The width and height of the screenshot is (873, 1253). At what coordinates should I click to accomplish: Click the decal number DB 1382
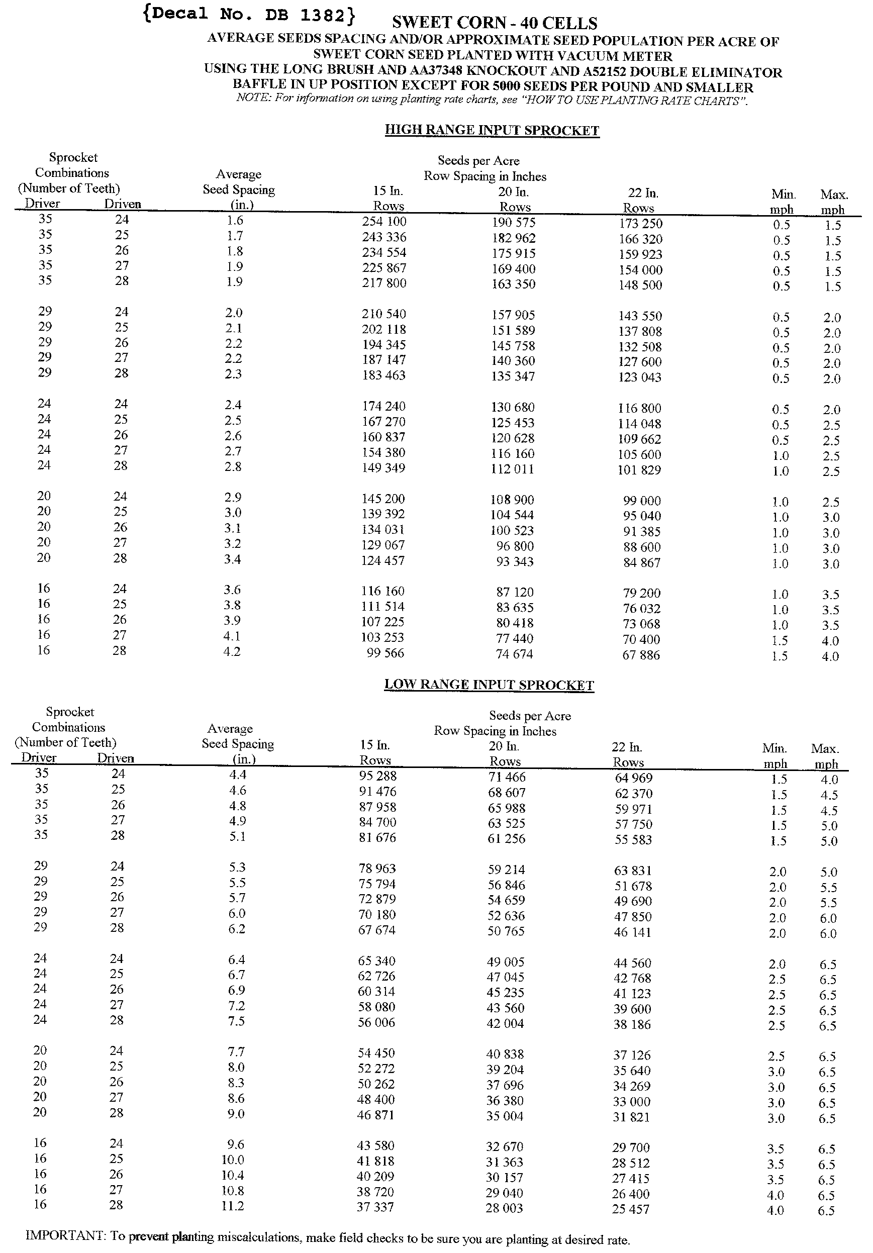click(249, 15)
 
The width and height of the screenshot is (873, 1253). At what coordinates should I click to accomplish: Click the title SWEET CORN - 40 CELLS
click(495, 23)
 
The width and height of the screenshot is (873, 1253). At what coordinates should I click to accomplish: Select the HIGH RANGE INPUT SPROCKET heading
click(492, 131)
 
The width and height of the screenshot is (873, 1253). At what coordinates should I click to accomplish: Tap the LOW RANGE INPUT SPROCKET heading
click(489, 685)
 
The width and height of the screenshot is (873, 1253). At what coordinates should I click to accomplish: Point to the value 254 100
click(384, 222)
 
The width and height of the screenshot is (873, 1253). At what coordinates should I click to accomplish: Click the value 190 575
click(513, 223)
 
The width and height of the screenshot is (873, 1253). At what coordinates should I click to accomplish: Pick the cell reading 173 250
click(640, 224)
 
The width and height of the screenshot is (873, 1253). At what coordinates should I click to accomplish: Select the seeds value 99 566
click(385, 653)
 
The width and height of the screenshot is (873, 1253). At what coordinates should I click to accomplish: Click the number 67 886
click(641, 655)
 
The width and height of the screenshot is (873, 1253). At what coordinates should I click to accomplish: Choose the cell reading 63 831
click(633, 871)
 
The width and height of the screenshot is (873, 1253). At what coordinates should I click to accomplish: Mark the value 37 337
click(375, 1207)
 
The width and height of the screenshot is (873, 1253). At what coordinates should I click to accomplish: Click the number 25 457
click(631, 1209)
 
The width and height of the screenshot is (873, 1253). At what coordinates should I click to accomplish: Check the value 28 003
click(504, 1208)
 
